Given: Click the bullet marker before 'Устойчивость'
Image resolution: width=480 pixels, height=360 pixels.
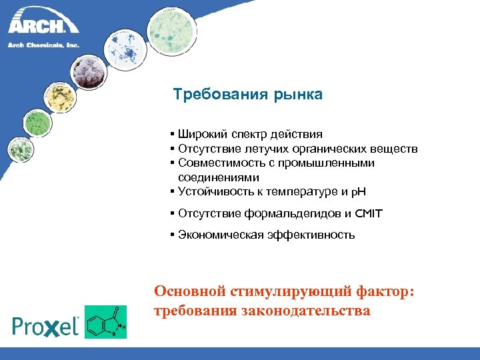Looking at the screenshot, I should [x=173, y=193].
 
